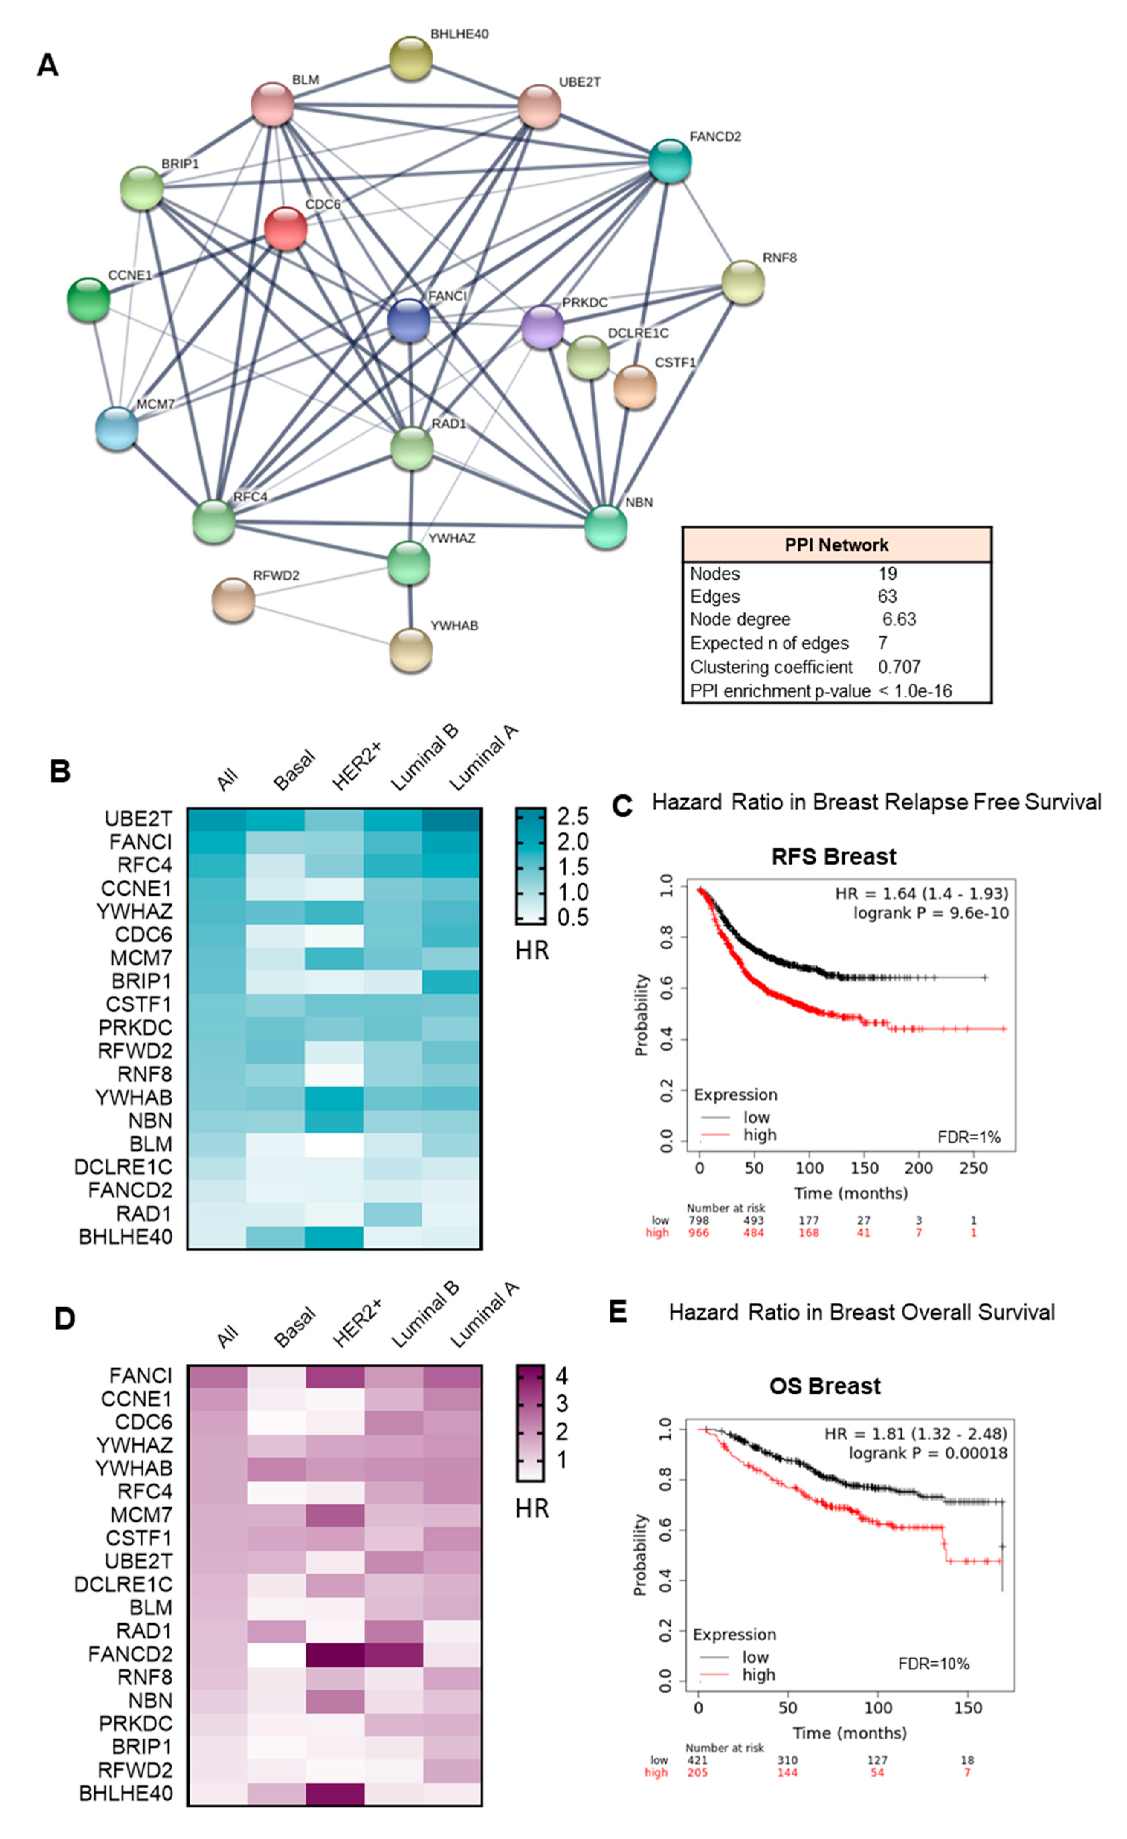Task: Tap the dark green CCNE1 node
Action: (x=88, y=299)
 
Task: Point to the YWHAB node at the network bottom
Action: (x=410, y=649)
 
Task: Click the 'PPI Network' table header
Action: (x=836, y=545)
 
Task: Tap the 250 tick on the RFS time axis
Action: (x=973, y=1168)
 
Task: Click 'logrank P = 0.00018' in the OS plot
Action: (x=928, y=1453)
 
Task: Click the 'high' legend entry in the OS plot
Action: (x=758, y=1675)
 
